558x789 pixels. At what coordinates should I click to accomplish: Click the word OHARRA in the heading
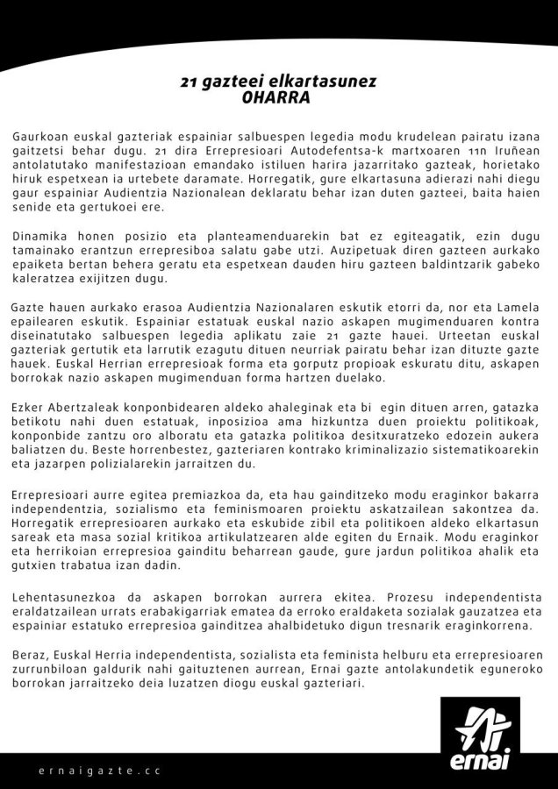[x=276, y=97]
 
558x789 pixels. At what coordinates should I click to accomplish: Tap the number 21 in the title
[x=188, y=82]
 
